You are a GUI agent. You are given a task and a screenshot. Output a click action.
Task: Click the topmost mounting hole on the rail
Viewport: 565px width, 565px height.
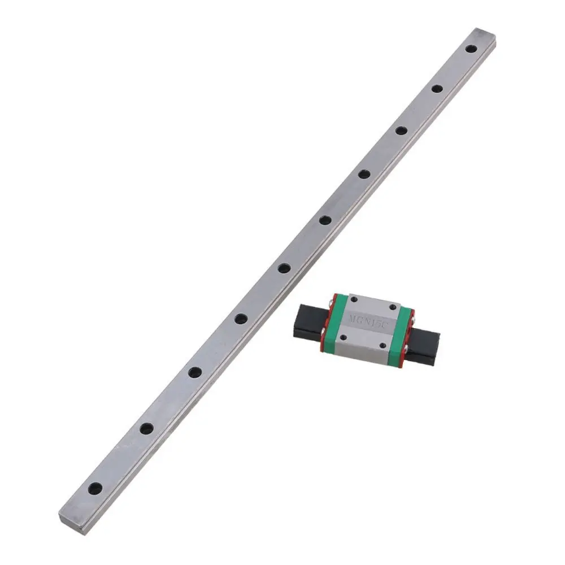[x=470, y=49]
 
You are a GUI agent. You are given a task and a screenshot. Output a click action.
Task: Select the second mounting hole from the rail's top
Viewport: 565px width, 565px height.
[x=436, y=88]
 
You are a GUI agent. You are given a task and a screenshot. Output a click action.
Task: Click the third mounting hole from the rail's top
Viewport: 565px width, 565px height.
[x=401, y=131]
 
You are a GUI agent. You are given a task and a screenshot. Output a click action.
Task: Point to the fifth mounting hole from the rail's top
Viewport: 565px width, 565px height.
[x=324, y=220]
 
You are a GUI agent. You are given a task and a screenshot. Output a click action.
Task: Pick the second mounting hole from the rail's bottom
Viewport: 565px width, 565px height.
[x=146, y=428]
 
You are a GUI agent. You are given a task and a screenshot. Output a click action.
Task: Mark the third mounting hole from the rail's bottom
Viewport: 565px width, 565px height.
[x=195, y=372]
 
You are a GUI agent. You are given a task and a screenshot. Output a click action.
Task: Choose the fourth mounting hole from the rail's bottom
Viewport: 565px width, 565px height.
[x=240, y=319]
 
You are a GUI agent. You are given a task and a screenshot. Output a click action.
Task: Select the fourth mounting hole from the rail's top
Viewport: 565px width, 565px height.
[x=363, y=174]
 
